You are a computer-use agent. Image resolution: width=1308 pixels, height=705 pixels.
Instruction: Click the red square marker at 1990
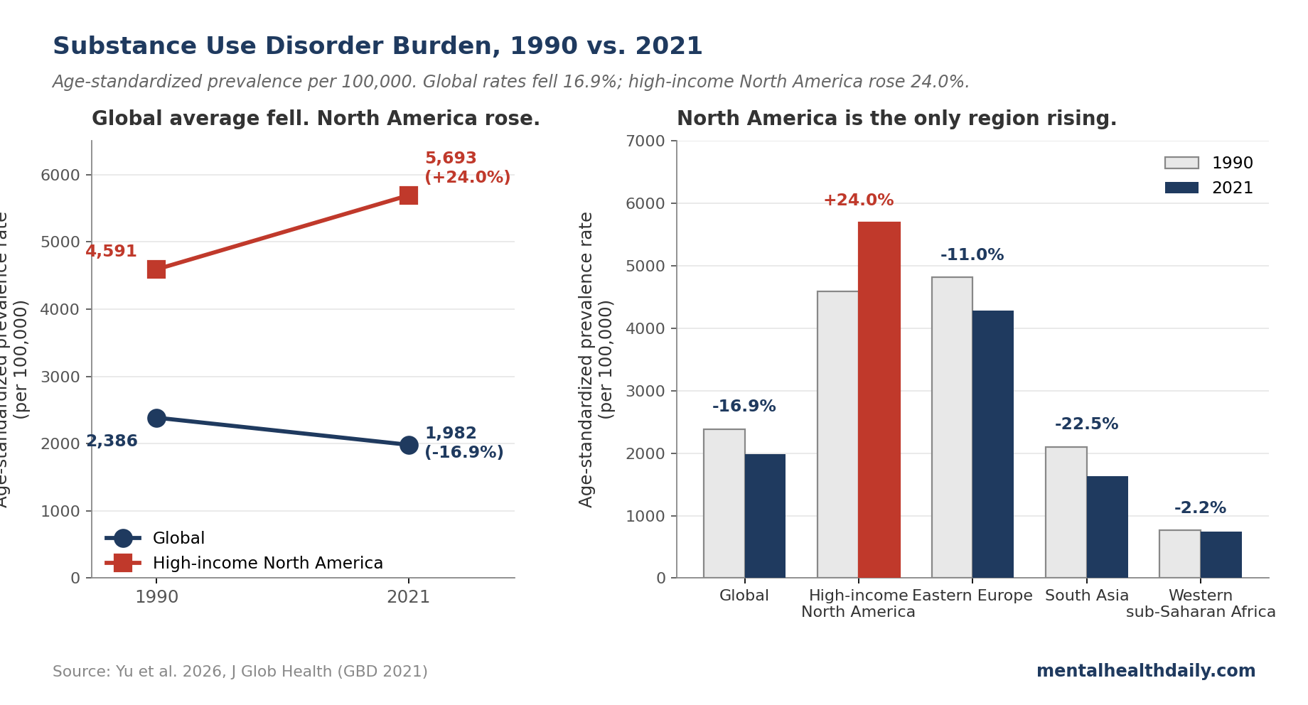coord(156,269)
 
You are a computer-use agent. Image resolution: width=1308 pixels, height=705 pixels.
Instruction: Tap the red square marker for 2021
coord(408,195)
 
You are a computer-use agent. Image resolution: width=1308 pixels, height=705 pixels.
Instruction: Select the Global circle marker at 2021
coord(408,445)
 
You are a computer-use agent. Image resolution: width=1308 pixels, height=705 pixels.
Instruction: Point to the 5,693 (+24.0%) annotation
coord(466,168)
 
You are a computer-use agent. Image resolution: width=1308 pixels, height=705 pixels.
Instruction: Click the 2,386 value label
coord(112,441)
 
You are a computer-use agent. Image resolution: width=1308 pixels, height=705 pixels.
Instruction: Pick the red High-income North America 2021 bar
coord(879,399)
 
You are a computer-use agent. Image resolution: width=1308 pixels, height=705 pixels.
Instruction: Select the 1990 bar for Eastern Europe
coord(952,427)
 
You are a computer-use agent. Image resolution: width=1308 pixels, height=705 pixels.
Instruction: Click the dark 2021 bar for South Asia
coord(1107,527)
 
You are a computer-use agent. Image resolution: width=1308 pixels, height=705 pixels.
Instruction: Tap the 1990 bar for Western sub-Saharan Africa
coord(1179,554)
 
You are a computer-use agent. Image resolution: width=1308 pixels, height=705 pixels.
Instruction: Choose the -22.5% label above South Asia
coord(1086,424)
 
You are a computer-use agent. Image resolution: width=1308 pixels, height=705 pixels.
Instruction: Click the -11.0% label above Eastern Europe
coord(972,255)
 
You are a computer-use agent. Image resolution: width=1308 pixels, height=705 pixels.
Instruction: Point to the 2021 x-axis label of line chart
coord(408,597)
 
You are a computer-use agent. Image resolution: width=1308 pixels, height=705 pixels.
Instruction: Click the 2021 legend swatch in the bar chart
coord(1181,188)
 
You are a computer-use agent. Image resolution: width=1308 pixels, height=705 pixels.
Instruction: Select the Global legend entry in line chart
coord(178,538)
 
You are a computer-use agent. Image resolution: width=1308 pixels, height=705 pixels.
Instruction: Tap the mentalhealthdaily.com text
coord(1145,671)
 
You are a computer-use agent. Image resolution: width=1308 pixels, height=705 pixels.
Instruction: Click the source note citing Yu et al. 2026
coord(240,672)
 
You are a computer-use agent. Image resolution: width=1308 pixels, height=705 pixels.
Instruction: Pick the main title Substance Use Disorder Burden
coord(377,46)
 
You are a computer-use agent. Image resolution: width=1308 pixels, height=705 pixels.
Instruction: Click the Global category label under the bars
coord(744,596)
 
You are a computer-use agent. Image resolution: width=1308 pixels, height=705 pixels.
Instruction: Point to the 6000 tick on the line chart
coord(60,176)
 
